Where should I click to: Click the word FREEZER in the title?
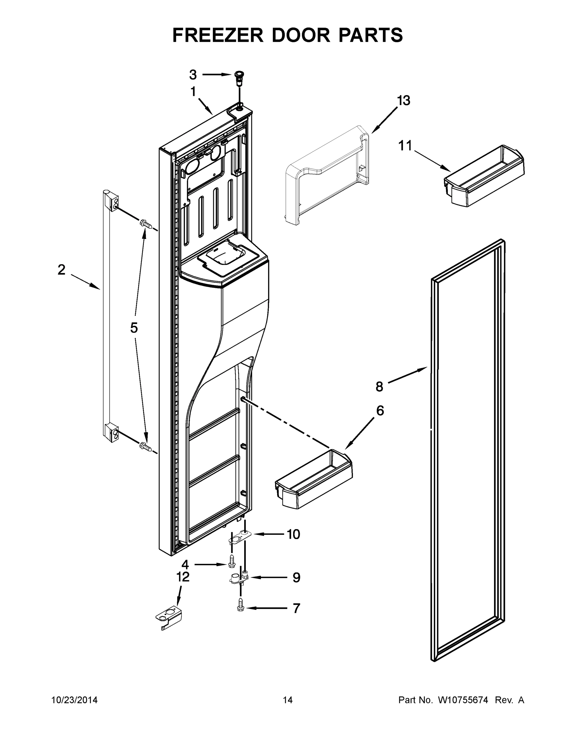click(218, 35)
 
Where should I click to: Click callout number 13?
click(403, 101)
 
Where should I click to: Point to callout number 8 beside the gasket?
click(379, 387)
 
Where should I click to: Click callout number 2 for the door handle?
click(61, 270)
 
